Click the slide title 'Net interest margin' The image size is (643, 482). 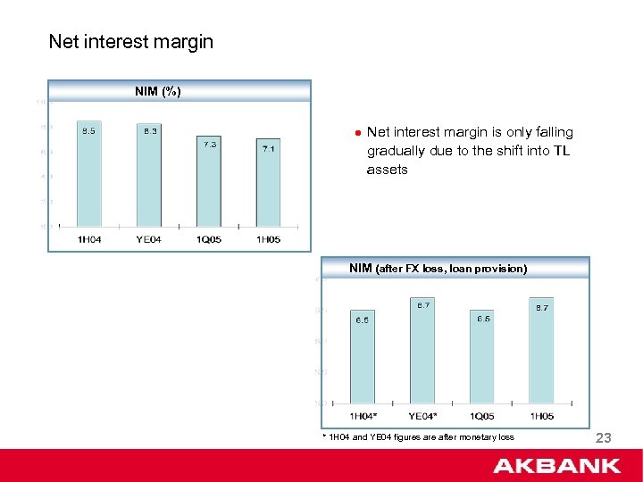pyautogui.click(x=130, y=41)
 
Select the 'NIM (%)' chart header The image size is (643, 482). pyautogui.click(x=158, y=91)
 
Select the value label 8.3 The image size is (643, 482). pyautogui.click(x=150, y=131)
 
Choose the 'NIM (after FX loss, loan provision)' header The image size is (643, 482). pyautogui.click(x=438, y=268)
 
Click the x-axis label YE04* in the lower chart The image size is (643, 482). pyautogui.click(x=422, y=416)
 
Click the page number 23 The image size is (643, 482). pyautogui.click(x=603, y=437)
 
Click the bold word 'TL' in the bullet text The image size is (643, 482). pyautogui.click(x=561, y=151)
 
